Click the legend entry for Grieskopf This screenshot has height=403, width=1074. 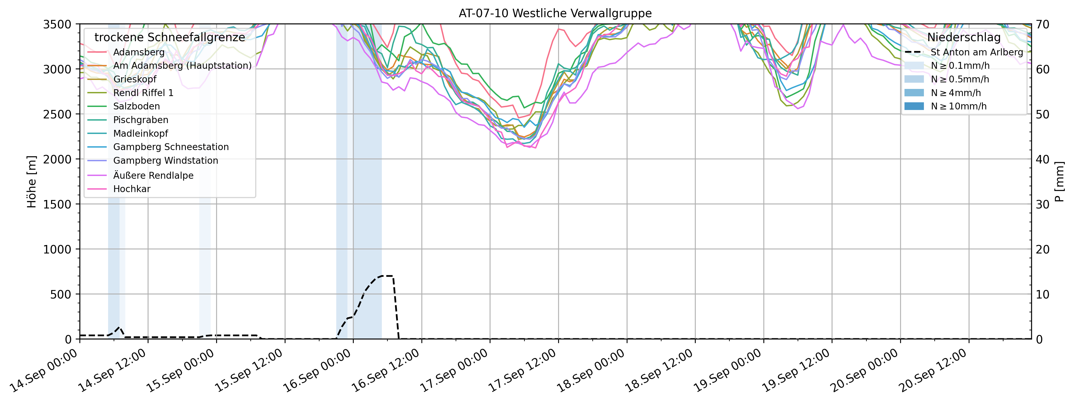pos(135,79)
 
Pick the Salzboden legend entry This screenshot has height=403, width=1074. pos(136,106)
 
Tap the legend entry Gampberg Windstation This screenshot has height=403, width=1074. pos(165,160)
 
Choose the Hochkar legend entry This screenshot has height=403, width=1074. pos(132,189)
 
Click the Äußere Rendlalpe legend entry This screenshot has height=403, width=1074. pos(153,175)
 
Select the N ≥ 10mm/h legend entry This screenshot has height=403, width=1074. pos(959,106)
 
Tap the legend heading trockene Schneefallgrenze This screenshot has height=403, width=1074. pos(170,37)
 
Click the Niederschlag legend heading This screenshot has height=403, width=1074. pos(963,37)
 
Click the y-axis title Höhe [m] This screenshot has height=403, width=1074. pos(32,182)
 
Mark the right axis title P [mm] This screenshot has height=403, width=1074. pos(1060,182)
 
